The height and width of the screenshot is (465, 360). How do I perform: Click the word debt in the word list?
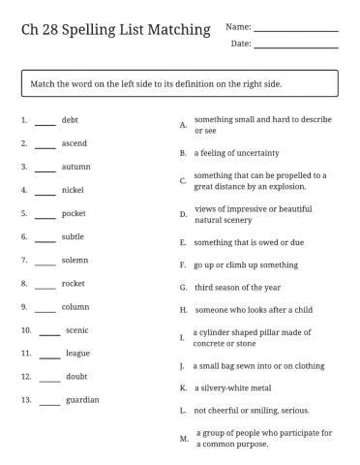70,120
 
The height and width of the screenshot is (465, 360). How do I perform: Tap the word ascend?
75,143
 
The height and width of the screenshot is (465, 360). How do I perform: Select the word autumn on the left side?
76,167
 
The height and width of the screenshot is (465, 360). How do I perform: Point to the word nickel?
74,190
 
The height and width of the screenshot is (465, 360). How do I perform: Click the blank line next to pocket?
45,216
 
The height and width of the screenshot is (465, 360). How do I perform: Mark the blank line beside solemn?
45,263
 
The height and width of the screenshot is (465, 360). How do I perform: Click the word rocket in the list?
75,283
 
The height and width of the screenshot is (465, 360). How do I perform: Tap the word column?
75,307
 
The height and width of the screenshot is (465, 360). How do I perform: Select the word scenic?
77,330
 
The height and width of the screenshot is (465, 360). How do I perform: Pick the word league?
77,354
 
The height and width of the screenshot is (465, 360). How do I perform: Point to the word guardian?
82,400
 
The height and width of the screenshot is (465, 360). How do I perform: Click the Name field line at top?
295,30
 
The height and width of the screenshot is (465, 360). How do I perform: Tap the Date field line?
295,46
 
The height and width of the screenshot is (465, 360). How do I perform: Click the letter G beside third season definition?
183,288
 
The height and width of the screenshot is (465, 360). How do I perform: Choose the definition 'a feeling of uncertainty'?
237,153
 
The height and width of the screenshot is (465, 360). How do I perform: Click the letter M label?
184,438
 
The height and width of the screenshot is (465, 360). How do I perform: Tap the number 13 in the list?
25,400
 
